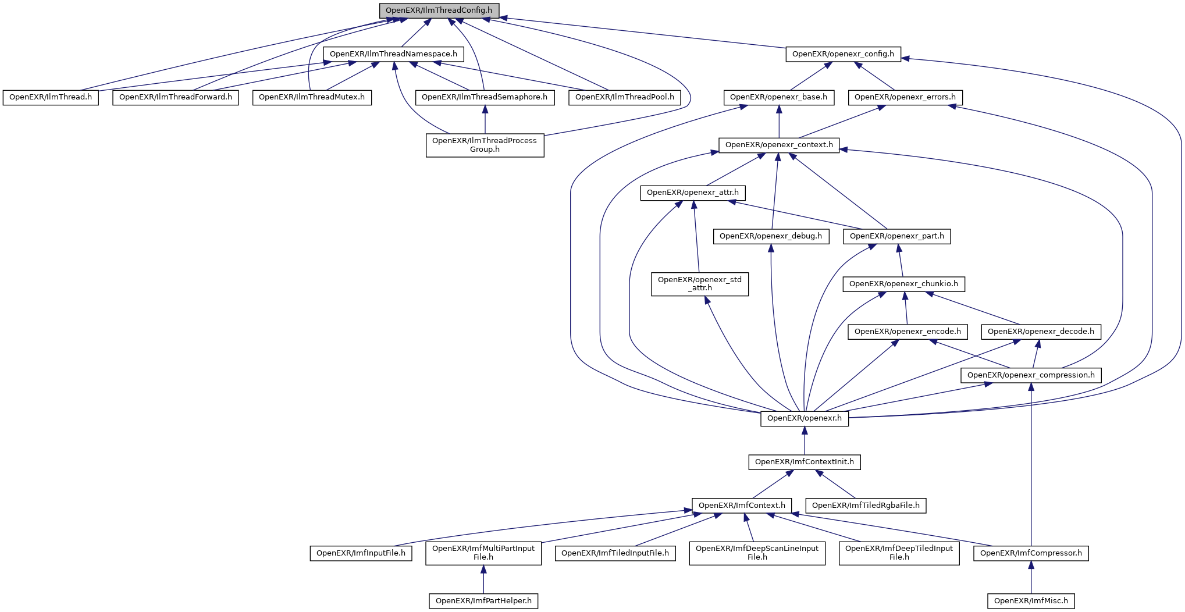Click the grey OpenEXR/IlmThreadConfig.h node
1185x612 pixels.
[x=439, y=10]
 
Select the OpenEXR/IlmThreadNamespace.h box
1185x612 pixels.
[x=393, y=54]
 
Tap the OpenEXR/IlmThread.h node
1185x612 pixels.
[x=51, y=97]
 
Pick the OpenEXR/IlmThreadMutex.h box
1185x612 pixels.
[x=312, y=97]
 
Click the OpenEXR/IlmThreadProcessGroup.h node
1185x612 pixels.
[x=485, y=145]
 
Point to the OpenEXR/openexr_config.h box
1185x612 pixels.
[x=843, y=54]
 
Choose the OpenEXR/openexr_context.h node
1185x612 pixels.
[x=779, y=145]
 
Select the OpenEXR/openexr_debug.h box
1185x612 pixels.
[x=771, y=236]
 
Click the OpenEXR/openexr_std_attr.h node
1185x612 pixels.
[x=700, y=284]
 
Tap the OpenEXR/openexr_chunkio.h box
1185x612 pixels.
[x=903, y=284]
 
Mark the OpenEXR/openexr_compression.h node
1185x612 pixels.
[x=1031, y=375]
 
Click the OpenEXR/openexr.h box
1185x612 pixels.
[x=805, y=418]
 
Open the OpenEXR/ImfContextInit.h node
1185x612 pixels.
[x=805, y=462]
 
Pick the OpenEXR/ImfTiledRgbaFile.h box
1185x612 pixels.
[x=866, y=506]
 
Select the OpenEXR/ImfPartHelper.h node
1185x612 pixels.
[x=483, y=601]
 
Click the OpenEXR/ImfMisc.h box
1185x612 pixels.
[x=1031, y=601]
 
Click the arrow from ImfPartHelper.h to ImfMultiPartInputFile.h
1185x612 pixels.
[x=483, y=579]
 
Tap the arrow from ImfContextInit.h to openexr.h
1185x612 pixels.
[x=805, y=440]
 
